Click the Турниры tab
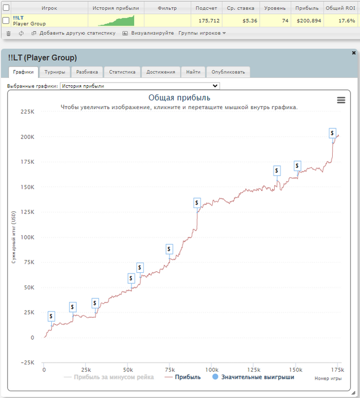pyautogui.click(x=55, y=72)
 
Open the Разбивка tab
pyautogui.click(x=87, y=72)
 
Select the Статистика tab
pyautogui.click(x=122, y=72)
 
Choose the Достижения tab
pyautogui.click(x=160, y=72)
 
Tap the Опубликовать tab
pyautogui.click(x=227, y=72)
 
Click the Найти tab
pyautogui.click(x=193, y=72)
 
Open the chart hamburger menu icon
pyautogui.click(x=341, y=100)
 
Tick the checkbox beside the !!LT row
pyautogui.click(x=6, y=20)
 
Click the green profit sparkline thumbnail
pyautogui.click(x=115, y=21)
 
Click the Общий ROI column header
pyautogui.click(x=340, y=9)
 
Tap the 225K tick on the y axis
pyautogui.click(x=27, y=112)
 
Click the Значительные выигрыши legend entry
pyautogui.click(x=258, y=377)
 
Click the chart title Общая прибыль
pyautogui.click(x=179, y=98)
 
